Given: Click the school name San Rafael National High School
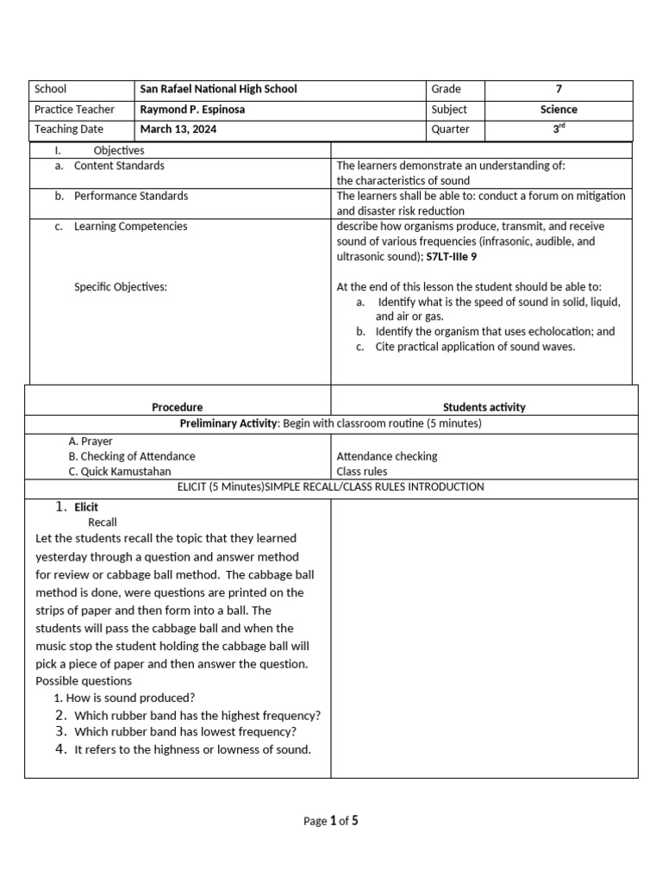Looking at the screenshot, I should tap(218, 89).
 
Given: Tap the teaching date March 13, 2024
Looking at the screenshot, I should tap(178, 129).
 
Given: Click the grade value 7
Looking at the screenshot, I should tap(559, 89).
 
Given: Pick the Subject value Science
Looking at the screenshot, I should tap(559, 110).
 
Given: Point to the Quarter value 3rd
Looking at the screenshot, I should tap(559, 129).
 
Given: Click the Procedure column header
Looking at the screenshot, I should tap(178, 407).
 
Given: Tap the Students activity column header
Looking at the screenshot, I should tap(484, 407).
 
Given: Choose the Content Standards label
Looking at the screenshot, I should tap(119, 166).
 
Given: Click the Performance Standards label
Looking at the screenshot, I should tap(130, 196).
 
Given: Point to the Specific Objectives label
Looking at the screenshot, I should tap(121, 287).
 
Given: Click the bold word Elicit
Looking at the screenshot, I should tap(86, 507).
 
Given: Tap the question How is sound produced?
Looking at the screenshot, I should tap(124, 698).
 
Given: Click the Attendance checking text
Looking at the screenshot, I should tap(386, 456).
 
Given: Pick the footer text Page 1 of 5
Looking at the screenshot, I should tap(330, 821).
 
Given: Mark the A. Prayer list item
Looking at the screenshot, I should tap(91, 441).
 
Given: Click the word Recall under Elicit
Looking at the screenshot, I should tap(103, 522).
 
